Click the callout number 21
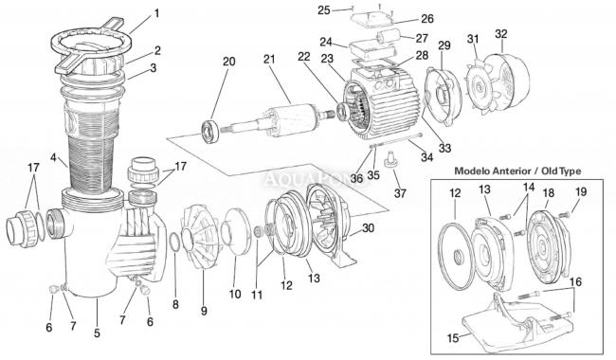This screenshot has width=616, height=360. pos(269,60)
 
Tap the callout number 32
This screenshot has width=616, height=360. pos(501,34)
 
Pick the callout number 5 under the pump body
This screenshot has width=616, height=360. pos(97,333)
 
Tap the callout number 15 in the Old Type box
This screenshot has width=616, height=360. pos(453,337)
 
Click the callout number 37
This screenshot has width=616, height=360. pos(400,192)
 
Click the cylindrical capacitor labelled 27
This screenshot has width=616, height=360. pos(388,39)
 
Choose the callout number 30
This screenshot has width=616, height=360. pos(368,228)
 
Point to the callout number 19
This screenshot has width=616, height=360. pos(581,191)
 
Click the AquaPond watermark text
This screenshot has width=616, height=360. pos(317,179)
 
